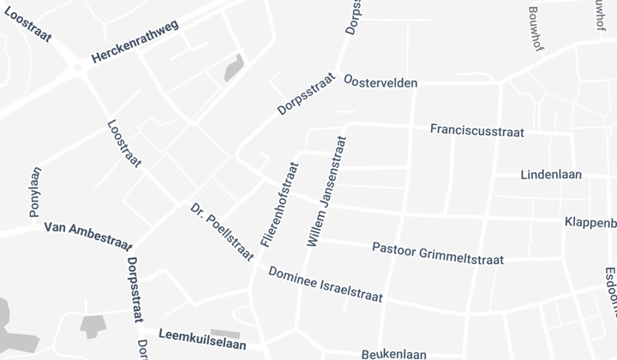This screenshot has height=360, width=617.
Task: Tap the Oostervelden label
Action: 380,81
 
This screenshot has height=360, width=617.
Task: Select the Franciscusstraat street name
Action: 477,131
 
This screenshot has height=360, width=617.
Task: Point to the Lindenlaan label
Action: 551,175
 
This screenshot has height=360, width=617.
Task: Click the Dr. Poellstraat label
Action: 222,231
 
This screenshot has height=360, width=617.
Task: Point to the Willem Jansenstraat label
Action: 326,192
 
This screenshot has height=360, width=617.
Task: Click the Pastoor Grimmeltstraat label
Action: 438,254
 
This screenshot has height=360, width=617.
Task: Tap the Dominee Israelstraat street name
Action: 325,285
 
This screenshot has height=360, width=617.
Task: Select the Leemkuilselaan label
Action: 202,338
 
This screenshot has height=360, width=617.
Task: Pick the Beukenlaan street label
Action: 393,353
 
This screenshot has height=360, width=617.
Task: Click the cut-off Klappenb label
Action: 590,222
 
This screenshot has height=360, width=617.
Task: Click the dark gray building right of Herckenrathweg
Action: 234,67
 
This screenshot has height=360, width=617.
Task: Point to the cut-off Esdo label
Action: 610,291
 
